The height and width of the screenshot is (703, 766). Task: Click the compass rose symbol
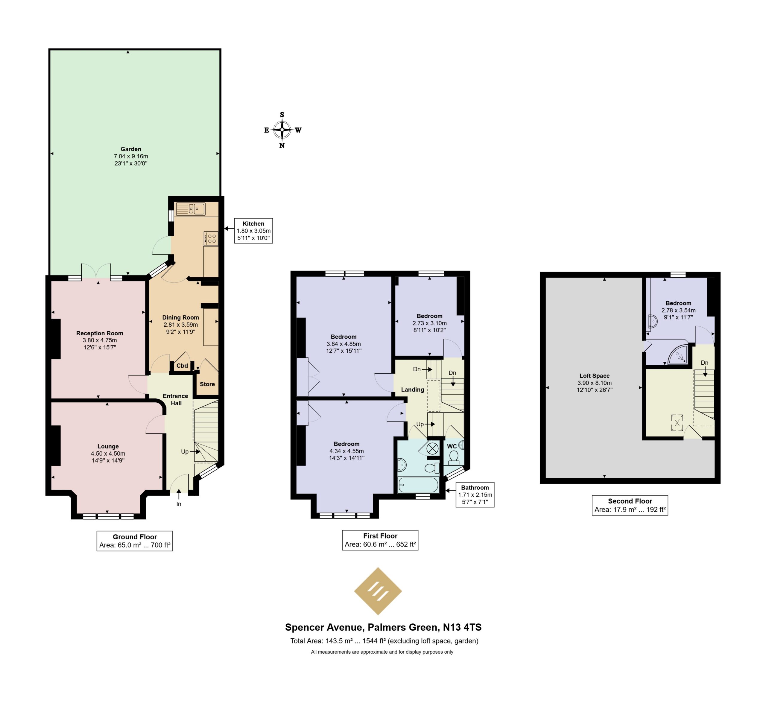[282, 130]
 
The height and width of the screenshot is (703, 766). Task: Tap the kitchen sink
[191, 209]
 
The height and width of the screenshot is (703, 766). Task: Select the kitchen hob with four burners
[211, 238]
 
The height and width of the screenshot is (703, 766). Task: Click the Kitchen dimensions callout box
[253, 231]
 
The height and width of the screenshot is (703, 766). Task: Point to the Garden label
[131, 149]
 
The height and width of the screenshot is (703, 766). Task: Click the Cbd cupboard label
[182, 366]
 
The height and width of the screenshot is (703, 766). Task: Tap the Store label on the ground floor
[207, 384]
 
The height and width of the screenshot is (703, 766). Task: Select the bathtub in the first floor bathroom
[418, 485]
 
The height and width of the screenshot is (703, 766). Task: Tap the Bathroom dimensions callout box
[475, 495]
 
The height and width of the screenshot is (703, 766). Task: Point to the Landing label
[413, 389]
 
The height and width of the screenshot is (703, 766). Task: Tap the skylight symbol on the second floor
[677, 423]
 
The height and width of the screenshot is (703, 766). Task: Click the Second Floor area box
[630, 505]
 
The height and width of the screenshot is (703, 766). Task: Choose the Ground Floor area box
[135, 541]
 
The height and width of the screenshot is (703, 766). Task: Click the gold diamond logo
[378, 591]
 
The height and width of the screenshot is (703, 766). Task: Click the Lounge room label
[108, 447]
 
